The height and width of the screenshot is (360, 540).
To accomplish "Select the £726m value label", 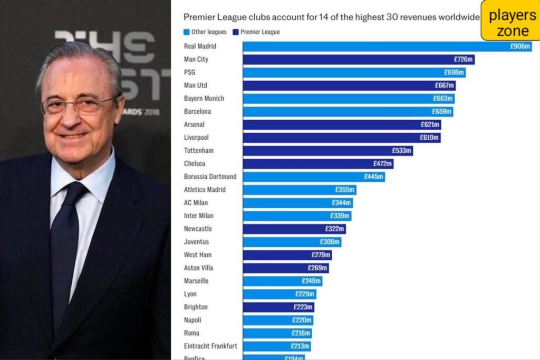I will [x=464, y=60].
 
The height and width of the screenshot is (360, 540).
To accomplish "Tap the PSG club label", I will [x=190, y=72].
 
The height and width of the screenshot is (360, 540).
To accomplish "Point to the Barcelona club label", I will [x=197, y=111].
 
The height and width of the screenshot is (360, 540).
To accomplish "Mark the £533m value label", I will [x=401, y=151].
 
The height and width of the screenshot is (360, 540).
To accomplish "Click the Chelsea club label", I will [x=195, y=163].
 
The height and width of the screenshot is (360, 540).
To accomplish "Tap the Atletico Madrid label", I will [x=205, y=190].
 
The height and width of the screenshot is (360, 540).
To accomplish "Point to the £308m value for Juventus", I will [x=330, y=242].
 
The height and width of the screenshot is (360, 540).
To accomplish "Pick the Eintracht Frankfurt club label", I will [x=210, y=346].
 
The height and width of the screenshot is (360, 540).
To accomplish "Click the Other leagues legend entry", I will [x=205, y=32].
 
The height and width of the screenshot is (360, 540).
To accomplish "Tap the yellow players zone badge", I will [x=510, y=21].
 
